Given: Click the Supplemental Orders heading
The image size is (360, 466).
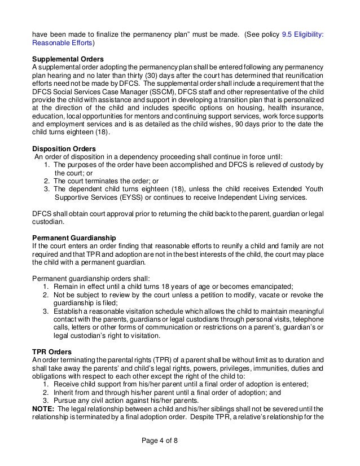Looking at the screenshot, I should point(67,58).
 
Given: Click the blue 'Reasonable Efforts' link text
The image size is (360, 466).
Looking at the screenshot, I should point(62,42).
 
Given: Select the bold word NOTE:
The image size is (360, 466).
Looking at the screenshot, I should point(43,409).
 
